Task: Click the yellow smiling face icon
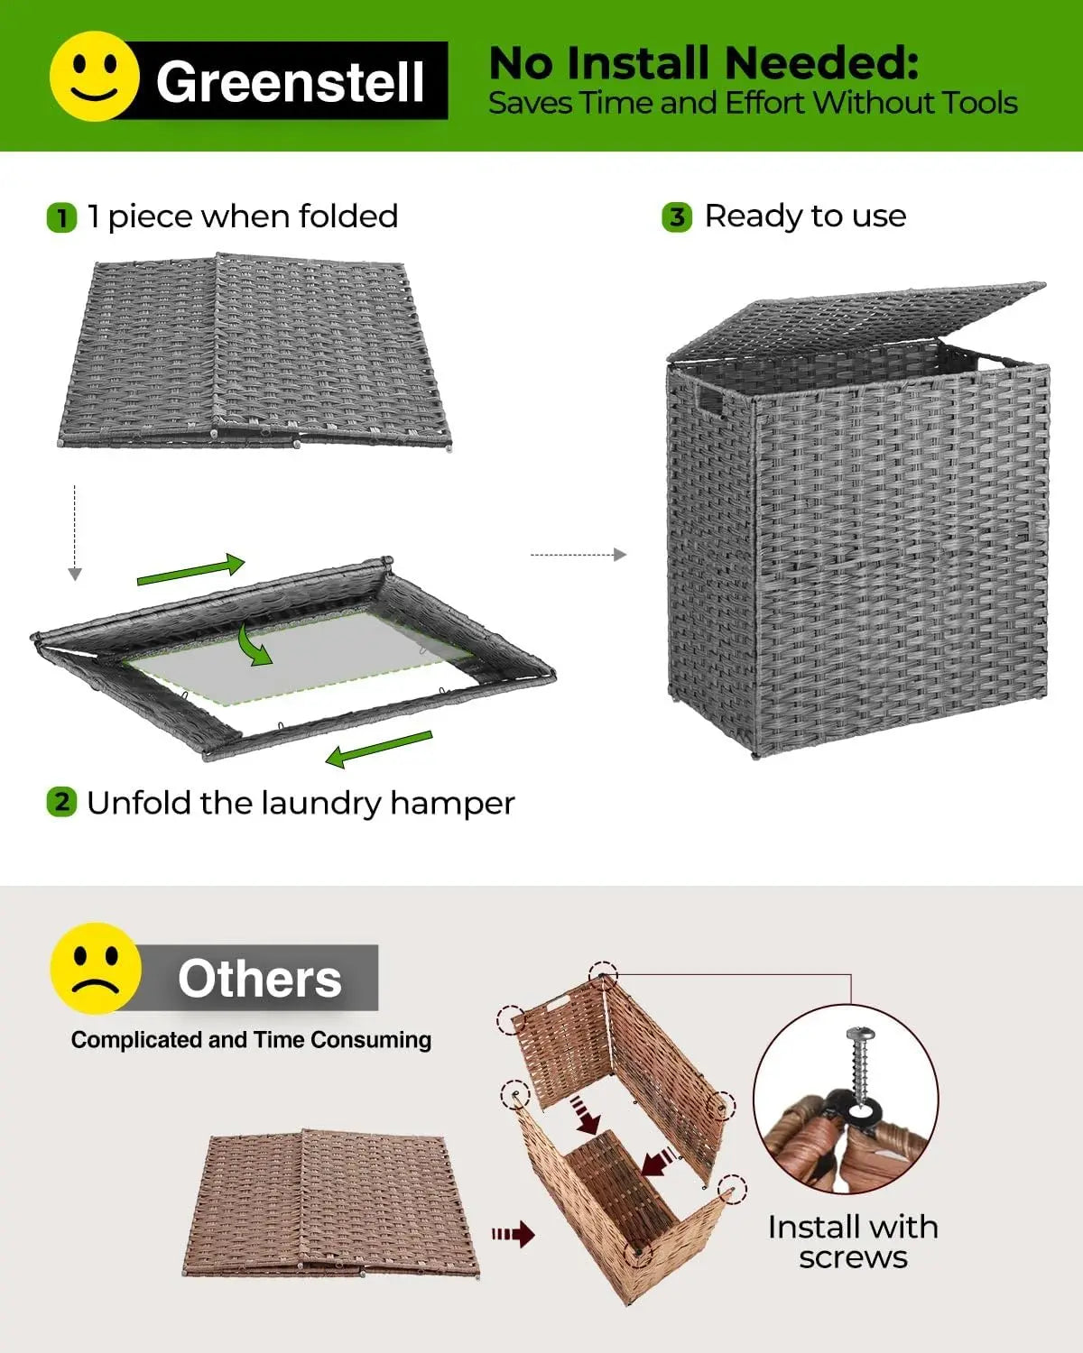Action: [94, 77]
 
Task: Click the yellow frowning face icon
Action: [96, 968]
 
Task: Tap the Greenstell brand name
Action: [290, 81]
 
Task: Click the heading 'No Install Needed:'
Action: [703, 63]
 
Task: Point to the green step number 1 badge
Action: [61, 218]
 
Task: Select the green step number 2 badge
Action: [61, 802]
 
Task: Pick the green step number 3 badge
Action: [677, 217]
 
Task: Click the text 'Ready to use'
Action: [805, 216]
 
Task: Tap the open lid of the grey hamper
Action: [857, 320]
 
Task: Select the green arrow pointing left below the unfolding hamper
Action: [379, 749]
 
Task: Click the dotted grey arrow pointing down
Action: [75, 532]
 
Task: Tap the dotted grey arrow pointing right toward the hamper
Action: [578, 555]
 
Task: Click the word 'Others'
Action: [260, 979]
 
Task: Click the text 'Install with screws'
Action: [853, 1242]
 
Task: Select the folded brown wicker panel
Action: [329, 1202]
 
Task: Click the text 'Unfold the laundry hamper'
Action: [301, 803]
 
